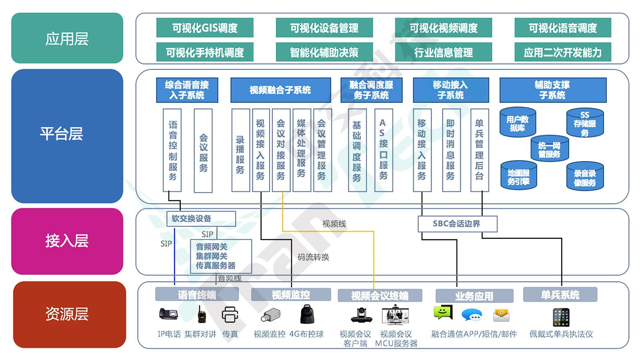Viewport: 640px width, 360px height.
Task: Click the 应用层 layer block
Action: [67, 38]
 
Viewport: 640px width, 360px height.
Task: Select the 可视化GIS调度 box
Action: [205, 28]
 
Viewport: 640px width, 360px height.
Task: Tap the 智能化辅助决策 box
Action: [324, 52]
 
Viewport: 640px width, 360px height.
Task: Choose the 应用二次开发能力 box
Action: [562, 52]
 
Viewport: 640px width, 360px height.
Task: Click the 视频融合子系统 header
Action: [280, 90]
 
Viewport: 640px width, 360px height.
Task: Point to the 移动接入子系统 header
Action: [451, 90]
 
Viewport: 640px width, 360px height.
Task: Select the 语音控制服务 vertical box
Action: [172, 150]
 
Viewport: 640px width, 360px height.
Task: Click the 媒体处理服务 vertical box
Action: [302, 150]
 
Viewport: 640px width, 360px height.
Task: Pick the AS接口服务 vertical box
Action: [383, 150]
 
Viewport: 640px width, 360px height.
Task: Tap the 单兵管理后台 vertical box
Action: [479, 150]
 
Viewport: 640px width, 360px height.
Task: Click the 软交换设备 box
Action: [201, 218]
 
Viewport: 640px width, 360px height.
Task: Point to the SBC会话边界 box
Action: [457, 224]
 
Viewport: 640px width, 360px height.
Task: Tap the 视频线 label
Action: [334, 224]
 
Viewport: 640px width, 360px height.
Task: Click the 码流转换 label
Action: [313, 257]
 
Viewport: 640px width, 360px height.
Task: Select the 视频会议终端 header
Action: [380, 296]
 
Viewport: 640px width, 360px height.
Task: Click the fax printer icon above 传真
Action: [230, 315]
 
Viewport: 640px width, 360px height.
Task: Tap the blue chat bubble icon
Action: [472, 315]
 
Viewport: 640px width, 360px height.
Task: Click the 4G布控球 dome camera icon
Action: [307, 314]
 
